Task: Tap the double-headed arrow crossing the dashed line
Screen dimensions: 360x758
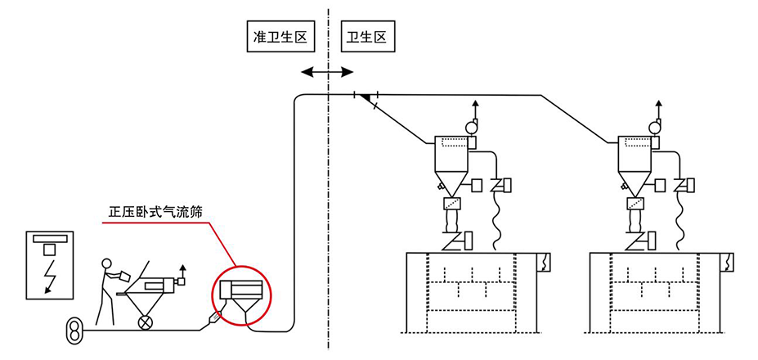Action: pos(327,73)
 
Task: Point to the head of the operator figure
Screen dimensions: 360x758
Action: pos(105,263)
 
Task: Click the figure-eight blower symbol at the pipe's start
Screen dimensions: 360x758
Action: pos(73,331)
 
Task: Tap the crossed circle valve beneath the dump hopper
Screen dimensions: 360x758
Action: pos(146,322)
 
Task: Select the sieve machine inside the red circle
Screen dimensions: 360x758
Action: pos(239,297)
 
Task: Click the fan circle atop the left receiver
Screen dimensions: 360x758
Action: pos(471,127)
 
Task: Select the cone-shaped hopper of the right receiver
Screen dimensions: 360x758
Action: pos(634,182)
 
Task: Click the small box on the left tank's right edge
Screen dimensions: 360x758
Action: pos(545,261)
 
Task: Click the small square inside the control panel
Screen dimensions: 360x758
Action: pos(50,249)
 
